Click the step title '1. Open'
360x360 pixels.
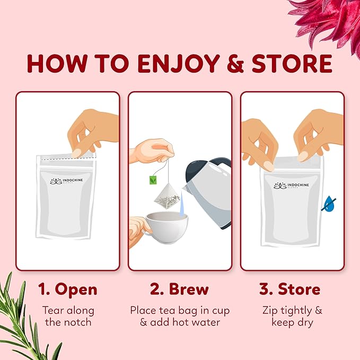(67, 289)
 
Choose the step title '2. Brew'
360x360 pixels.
(179, 289)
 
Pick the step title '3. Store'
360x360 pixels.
(290, 289)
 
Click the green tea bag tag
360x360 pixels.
(153, 179)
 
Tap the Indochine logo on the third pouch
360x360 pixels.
(290, 185)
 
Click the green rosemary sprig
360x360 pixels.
(27, 323)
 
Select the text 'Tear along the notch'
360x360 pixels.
(67, 316)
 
